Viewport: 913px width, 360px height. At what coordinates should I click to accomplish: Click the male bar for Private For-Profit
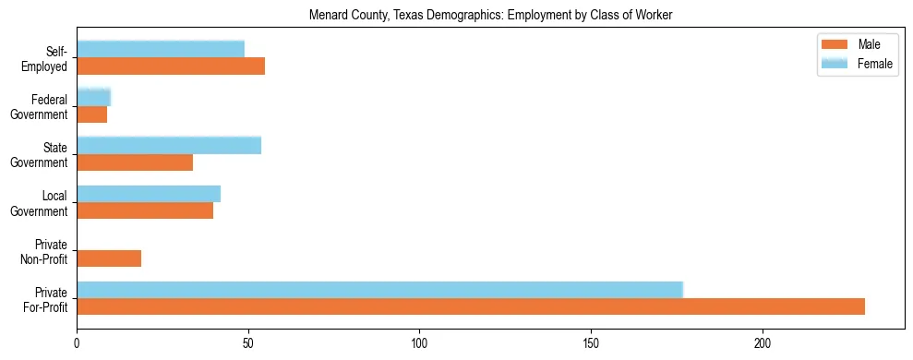tap(471, 306)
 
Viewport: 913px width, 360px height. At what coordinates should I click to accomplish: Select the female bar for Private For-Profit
tap(379, 290)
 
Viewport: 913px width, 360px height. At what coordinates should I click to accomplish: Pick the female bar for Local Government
tap(149, 194)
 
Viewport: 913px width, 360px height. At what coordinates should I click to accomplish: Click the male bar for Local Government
tap(145, 210)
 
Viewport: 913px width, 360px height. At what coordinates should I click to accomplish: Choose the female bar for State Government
tap(169, 145)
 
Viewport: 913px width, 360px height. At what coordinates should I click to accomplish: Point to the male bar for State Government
tap(135, 162)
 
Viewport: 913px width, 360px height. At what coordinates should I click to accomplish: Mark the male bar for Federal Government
tap(92, 114)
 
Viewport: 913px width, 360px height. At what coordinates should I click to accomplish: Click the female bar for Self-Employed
tap(161, 49)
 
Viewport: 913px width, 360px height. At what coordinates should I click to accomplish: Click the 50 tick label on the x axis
tap(248, 342)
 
